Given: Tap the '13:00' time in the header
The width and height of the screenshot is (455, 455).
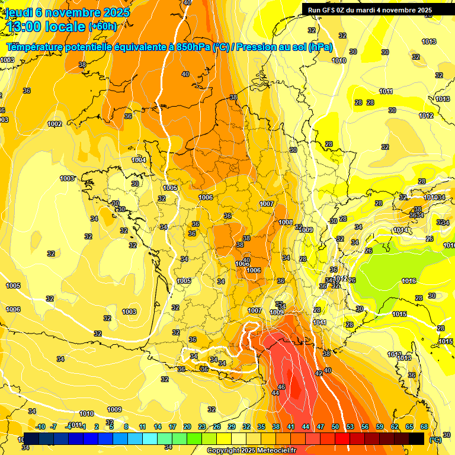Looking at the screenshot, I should pos(23,27).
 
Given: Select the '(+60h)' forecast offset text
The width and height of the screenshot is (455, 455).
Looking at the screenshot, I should pos(102,27).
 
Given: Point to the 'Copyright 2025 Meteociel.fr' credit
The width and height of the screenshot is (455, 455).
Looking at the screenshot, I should pos(251,450).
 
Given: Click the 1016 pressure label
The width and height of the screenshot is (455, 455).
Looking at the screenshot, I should pos(409,281).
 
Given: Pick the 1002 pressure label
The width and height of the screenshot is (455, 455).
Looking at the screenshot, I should pos(55,124).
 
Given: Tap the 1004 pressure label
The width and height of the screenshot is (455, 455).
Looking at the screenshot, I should pos(139,161).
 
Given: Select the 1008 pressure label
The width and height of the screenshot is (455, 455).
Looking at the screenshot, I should pos(286,222).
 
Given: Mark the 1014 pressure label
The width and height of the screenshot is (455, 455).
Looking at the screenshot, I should pos(400,230).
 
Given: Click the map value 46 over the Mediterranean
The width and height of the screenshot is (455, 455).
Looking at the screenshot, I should pos(281,387).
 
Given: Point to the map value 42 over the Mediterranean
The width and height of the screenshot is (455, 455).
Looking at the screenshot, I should pos(319,373).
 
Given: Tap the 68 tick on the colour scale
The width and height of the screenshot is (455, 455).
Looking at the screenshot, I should pos(424,427).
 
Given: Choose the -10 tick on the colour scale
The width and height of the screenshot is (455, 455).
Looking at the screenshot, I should pos(40,427).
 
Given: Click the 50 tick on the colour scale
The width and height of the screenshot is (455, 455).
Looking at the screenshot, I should pos(335,427).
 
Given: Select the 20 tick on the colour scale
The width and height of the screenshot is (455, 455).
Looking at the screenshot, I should pos(187,427).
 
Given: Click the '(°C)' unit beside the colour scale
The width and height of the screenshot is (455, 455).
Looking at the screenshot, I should pos(435,440).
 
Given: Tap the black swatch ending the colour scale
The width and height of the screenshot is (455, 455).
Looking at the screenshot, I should pos(416,438).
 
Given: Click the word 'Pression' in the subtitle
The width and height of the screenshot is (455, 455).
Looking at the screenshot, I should pos(256,47).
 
